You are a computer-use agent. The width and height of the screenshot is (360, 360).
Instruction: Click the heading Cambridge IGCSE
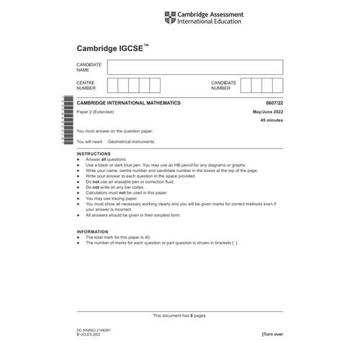(112, 48)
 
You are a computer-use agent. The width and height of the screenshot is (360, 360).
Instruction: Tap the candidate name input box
(194, 67)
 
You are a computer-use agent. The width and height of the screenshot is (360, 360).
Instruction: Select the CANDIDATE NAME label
(89, 67)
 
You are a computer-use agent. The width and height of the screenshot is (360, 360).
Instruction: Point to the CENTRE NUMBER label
(87, 86)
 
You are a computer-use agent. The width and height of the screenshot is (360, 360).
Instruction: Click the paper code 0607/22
(272, 103)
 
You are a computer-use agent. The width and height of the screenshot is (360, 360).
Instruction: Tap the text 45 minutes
(270, 121)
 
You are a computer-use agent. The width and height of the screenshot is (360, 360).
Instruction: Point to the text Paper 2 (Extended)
(99, 112)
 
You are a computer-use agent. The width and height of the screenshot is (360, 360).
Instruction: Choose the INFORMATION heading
(94, 231)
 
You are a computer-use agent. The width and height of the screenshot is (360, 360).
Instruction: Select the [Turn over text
(271, 334)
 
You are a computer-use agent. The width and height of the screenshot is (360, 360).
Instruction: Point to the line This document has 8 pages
(180, 315)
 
